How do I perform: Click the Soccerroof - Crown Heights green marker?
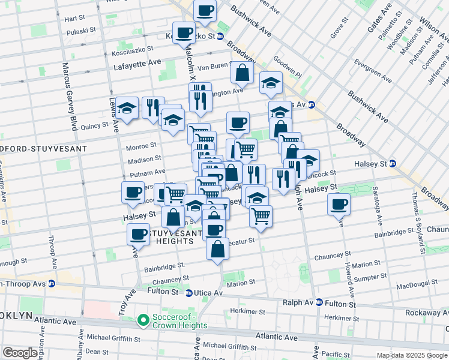143,321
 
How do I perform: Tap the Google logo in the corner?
20,353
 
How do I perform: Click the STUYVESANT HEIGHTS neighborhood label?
162,236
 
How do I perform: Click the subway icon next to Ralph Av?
319,303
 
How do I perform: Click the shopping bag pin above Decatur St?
217,248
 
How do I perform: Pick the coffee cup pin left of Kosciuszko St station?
184,32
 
